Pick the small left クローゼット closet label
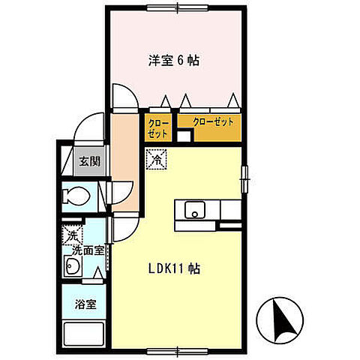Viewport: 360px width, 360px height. (x=157, y=126)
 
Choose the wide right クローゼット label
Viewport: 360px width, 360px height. (x=213, y=121)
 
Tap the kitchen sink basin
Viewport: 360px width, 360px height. (x=193, y=210)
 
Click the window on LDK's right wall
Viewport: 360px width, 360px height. (x=244, y=178)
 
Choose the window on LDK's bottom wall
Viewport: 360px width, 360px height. (x=178, y=349)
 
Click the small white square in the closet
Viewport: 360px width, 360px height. (x=183, y=136)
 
